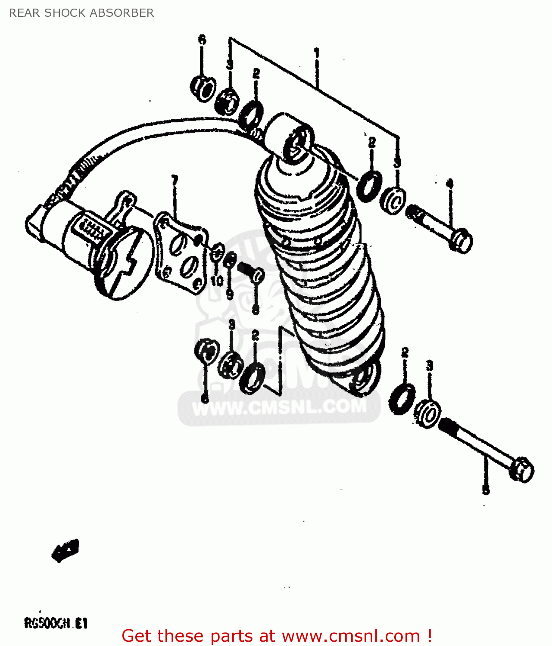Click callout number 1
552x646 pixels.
coord(317,53)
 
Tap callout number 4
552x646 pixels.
coord(449,184)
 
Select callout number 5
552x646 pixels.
coord(486,490)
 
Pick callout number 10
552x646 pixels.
coord(217,281)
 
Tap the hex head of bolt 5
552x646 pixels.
coord(521,469)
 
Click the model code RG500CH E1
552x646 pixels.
coord(56,623)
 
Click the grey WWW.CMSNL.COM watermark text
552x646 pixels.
coord(279,407)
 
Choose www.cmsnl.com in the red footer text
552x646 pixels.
coord(351,636)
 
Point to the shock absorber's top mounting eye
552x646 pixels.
coord(297,142)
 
